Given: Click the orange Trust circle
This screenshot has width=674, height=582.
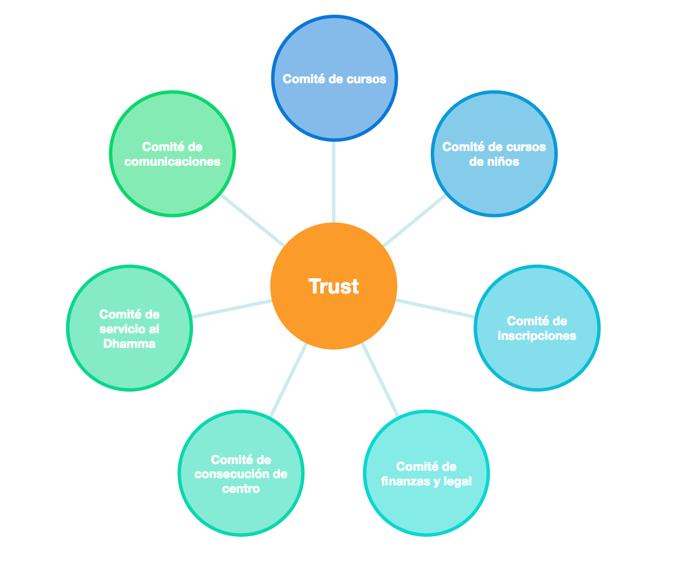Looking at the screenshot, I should point(334,286).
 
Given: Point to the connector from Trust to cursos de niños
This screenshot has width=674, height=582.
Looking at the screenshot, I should point(414,221).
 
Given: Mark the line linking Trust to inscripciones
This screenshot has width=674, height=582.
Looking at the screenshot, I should point(435,308).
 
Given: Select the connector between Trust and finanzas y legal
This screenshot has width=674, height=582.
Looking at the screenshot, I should point(380,380).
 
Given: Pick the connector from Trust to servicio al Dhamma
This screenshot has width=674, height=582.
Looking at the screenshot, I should point(232,308).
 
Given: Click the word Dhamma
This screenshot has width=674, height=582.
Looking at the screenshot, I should point(129,344).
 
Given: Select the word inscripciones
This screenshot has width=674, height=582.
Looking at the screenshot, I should point(537,336).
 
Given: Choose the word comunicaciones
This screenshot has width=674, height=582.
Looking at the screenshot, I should point(172,162).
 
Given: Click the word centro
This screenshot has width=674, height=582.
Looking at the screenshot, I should point(241,488).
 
